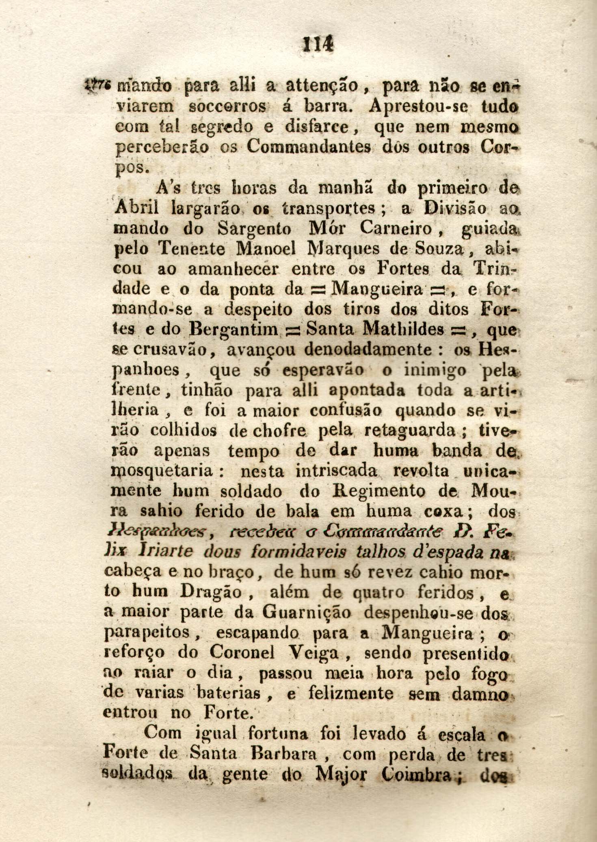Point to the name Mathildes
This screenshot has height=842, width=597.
pos(403,329)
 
